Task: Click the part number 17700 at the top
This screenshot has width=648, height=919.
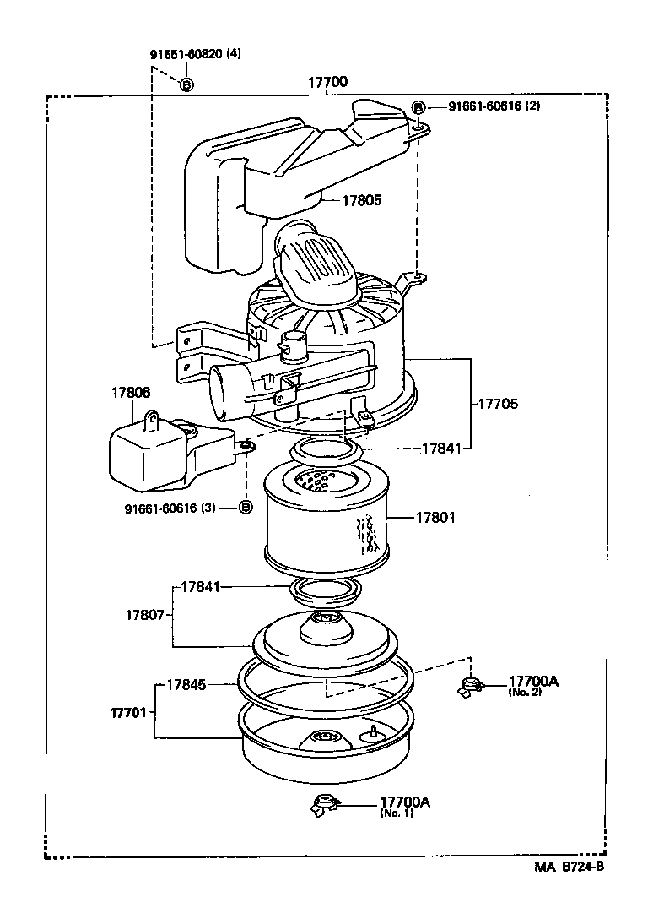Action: (x=327, y=82)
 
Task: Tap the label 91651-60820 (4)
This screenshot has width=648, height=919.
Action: (x=195, y=54)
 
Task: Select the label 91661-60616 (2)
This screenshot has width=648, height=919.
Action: (x=494, y=106)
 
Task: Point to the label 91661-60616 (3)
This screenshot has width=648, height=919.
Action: (x=170, y=508)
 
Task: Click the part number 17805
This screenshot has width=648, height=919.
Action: (x=361, y=200)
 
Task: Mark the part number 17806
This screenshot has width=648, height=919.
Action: (x=130, y=392)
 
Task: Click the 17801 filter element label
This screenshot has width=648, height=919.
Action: (x=435, y=517)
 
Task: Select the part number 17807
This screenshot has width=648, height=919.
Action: (x=145, y=617)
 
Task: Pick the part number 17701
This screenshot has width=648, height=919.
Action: (x=130, y=713)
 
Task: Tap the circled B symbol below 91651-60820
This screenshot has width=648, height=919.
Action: (x=186, y=84)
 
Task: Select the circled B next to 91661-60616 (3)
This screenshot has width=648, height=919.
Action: (x=245, y=508)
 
